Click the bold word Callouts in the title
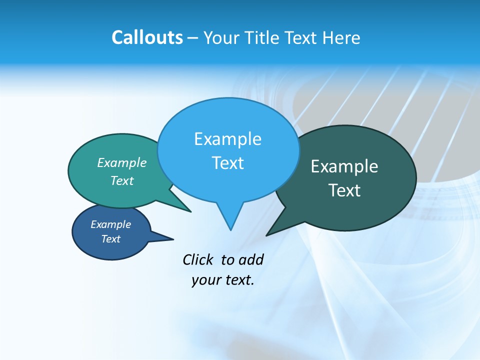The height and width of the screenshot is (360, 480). pos(147,38)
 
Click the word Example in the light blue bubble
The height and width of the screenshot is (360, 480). pos(227,139)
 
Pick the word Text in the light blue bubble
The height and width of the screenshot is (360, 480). pos(227,163)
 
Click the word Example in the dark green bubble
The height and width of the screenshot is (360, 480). pos(344,166)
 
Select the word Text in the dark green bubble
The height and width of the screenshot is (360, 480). pos(344,190)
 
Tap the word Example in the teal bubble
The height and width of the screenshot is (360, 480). pos(122,162)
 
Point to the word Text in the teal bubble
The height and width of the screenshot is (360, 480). pos(122,180)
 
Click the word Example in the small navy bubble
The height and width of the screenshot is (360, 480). pos(110,224)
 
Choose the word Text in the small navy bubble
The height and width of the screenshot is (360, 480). pos(110,239)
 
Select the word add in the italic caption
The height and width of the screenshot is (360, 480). pos(251,259)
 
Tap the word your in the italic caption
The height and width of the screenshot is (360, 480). pos(205,280)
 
